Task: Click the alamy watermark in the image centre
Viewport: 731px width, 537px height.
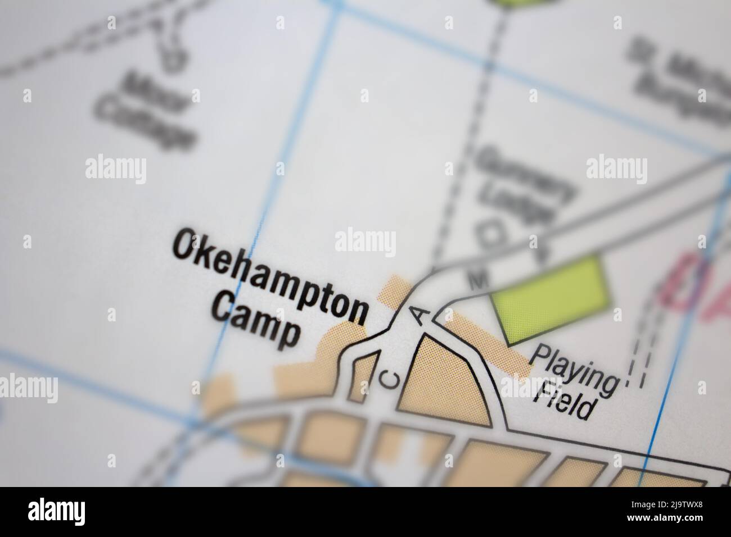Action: [x=365, y=243]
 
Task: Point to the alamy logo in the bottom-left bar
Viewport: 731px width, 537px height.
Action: [x=56, y=512]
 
